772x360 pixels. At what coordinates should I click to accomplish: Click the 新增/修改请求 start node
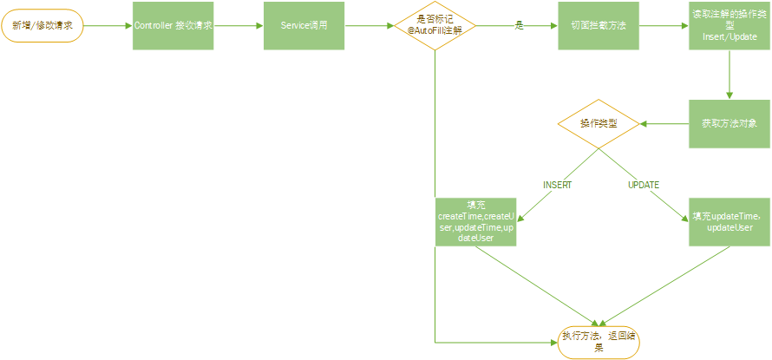click(43, 25)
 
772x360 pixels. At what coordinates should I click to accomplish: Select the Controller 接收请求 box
click(173, 25)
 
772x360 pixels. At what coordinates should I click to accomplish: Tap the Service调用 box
click(303, 25)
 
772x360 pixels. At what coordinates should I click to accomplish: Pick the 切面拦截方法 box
click(599, 25)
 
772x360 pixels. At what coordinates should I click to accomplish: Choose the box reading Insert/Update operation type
click(729, 25)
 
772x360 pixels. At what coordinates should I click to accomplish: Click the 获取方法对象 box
click(729, 123)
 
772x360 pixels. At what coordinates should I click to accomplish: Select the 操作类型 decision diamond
click(599, 124)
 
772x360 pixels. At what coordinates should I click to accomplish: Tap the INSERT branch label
click(557, 185)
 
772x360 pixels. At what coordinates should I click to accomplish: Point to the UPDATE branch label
click(644, 185)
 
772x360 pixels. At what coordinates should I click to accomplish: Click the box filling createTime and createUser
click(475, 221)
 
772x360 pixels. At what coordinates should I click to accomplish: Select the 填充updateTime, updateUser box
click(729, 221)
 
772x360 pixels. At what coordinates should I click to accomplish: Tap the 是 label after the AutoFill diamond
click(520, 26)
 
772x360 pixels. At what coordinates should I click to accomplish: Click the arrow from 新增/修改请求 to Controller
click(108, 25)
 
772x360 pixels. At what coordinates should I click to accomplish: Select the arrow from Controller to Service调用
click(239, 25)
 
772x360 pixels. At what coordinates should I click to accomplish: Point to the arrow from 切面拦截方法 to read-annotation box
click(664, 25)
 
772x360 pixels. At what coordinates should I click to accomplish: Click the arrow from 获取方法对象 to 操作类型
click(664, 124)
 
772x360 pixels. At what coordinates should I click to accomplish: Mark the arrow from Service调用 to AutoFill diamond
click(368, 25)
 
